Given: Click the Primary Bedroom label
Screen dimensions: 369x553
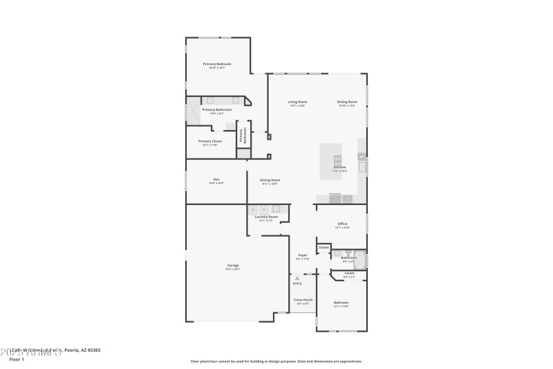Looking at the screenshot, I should click(x=216, y=64).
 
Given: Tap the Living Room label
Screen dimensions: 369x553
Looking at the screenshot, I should click(x=297, y=102).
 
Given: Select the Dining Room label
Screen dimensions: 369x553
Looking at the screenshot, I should click(x=346, y=102).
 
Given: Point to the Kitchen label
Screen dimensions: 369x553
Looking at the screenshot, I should click(x=339, y=168).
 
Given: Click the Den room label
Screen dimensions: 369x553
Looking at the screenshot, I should click(x=216, y=180).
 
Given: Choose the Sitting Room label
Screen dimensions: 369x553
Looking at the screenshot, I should click(x=270, y=180).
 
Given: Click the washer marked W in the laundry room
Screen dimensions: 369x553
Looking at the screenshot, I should click(x=253, y=209).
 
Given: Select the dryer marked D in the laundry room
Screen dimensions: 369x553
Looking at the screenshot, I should click(x=263, y=209).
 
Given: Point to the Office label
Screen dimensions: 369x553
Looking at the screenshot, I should click(x=341, y=224).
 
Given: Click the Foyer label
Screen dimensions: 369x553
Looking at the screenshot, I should click(x=303, y=255).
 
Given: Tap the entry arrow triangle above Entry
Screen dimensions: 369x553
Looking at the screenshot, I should click(x=297, y=278).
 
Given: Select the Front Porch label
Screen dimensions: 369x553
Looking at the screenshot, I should click(x=303, y=300).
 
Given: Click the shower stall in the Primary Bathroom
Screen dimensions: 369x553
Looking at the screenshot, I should click(x=192, y=111).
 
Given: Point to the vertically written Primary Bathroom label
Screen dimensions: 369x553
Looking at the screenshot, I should click(x=243, y=136).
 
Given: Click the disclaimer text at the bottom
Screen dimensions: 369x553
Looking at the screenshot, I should click(x=276, y=361).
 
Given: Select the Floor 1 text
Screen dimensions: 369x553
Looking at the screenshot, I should click(x=17, y=359).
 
